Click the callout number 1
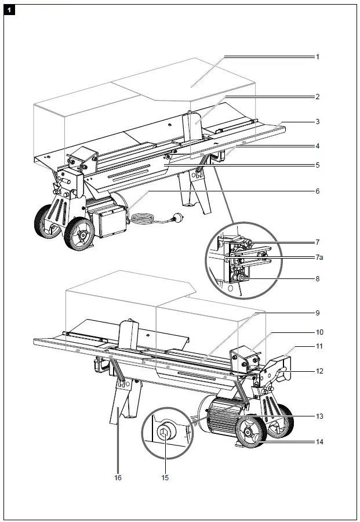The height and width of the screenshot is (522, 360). coord(318,57)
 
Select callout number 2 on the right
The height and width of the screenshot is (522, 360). coord(318,96)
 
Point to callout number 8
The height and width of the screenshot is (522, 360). coord(318,278)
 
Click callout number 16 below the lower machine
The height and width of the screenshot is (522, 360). coord(118,478)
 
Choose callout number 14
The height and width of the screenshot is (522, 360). coord(319,442)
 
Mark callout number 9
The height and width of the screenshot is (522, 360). coord(318,313)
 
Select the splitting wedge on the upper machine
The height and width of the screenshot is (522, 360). coord(194,128)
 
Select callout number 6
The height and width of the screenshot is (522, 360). coord(318,190)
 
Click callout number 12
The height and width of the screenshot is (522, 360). coord(319,370)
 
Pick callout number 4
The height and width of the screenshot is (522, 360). coord(318,146)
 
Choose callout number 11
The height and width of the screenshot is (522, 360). coord(319,346)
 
